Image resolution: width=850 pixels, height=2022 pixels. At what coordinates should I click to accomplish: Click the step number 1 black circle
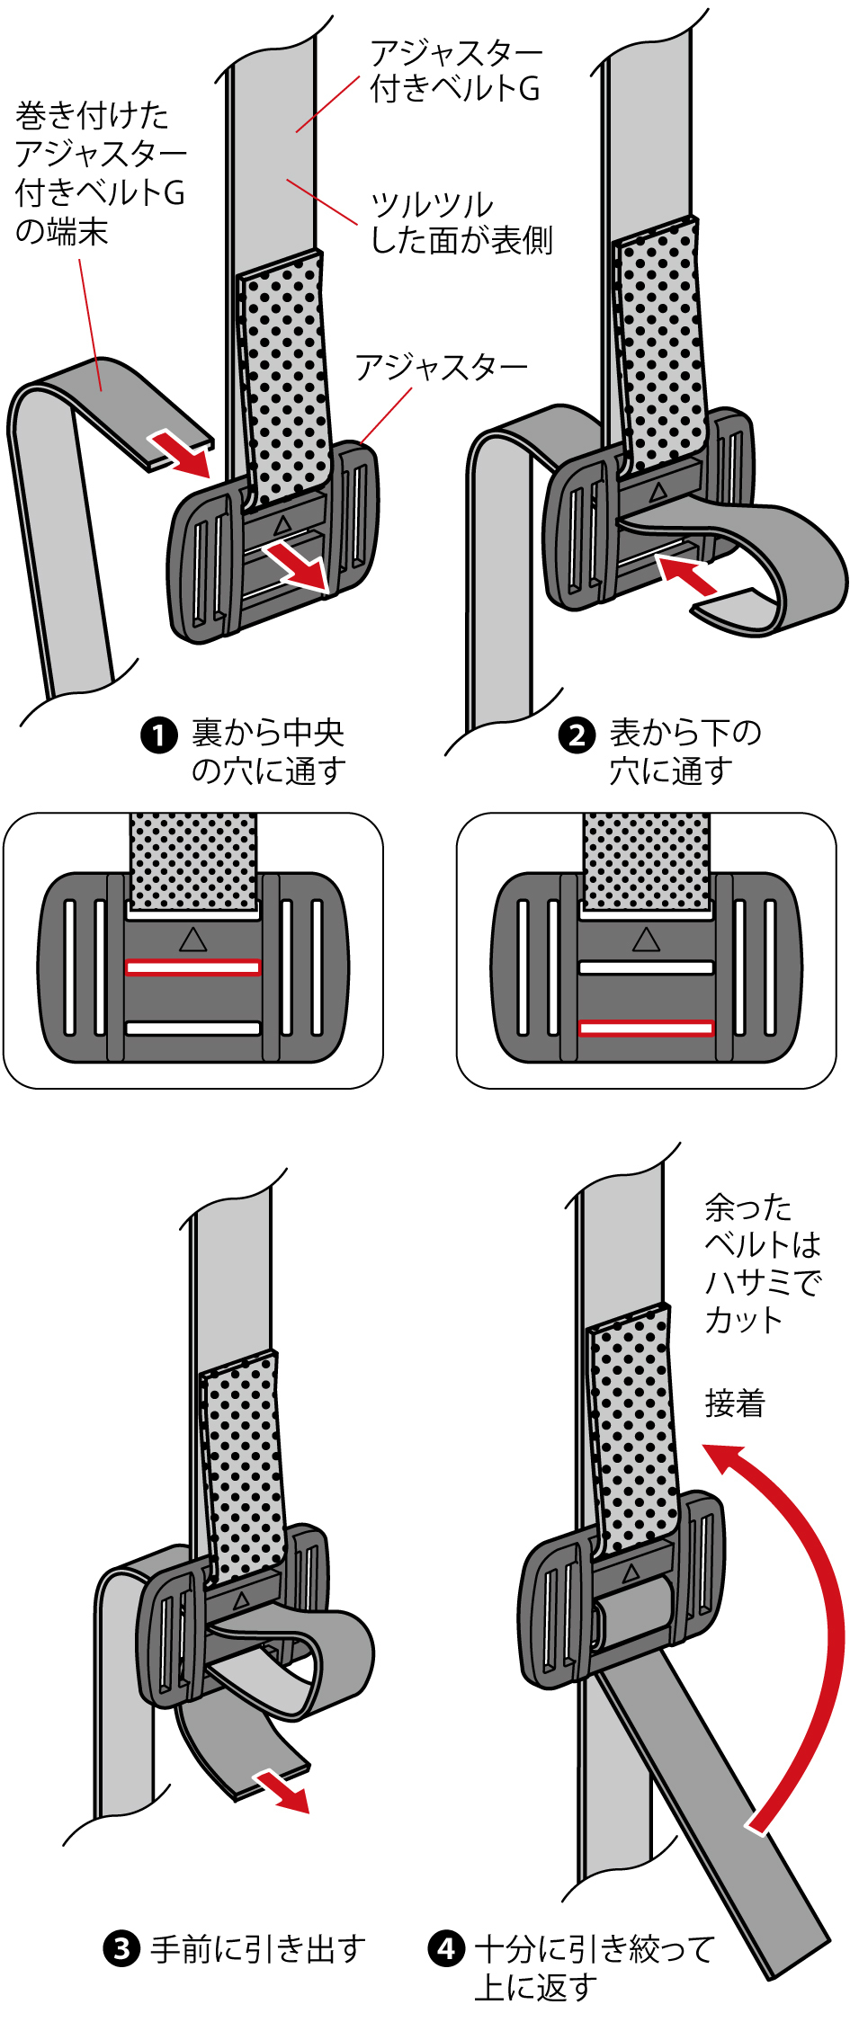pos(159,735)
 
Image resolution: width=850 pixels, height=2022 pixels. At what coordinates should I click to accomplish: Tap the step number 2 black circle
pos(577,735)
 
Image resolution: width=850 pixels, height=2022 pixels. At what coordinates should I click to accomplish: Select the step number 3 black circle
pos(122,1949)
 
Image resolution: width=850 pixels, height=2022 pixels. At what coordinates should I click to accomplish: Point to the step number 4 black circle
pos(446,1949)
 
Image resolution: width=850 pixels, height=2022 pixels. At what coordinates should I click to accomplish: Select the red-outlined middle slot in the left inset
pos(192,967)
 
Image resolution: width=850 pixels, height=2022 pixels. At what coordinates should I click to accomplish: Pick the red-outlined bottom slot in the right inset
pos(646,1028)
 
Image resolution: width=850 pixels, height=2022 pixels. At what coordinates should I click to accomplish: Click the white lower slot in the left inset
pos(192,1028)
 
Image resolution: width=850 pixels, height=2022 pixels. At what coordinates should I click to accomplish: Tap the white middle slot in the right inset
pos(646,967)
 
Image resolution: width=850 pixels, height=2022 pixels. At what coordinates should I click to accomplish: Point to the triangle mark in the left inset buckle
pos(192,940)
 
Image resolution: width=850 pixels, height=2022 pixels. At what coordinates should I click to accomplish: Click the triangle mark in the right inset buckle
pos(646,940)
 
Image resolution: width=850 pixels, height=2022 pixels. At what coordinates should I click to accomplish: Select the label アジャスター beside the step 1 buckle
pos(441,368)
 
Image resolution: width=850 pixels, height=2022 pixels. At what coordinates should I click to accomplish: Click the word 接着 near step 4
pos(735,1403)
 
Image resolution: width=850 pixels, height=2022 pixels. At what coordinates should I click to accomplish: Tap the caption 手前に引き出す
pos(258,1949)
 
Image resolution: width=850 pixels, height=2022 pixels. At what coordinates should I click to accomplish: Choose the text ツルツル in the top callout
pos(432,206)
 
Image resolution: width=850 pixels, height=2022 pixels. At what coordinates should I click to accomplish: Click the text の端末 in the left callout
pos(61,232)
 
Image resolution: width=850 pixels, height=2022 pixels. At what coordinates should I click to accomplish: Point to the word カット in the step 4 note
pos(744,1320)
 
